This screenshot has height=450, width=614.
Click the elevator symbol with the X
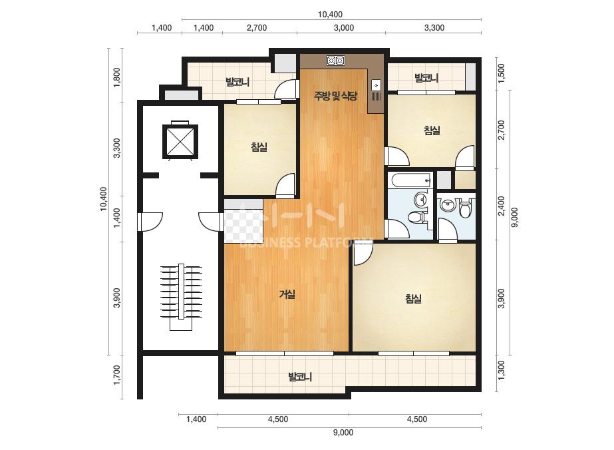[180, 141]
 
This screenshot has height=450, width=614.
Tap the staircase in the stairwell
[181, 297]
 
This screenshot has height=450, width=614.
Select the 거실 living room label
[287, 294]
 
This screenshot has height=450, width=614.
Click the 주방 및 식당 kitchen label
[335, 96]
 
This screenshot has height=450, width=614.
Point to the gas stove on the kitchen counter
[335, 61]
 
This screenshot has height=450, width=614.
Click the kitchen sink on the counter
[376, 91]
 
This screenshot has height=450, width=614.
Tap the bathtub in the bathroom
[412, 180]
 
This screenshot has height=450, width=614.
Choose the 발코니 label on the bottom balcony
[300, 377]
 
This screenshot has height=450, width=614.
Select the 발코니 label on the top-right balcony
[426, 78]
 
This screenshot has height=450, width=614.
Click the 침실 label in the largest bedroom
[413, 299]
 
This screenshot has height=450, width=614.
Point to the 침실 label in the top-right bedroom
[432, 130]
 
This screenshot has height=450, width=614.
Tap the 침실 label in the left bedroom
[259, 147]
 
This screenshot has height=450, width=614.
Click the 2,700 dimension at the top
[257, 27]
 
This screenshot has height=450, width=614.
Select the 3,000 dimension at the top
[344, 27]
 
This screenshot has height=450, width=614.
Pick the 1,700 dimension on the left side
[117, 375]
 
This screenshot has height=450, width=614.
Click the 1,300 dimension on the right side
[501, 370]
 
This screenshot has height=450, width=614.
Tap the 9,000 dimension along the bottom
[343, 433]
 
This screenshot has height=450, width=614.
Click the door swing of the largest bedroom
[362, 254]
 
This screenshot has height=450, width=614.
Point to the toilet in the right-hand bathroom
[465, 208]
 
